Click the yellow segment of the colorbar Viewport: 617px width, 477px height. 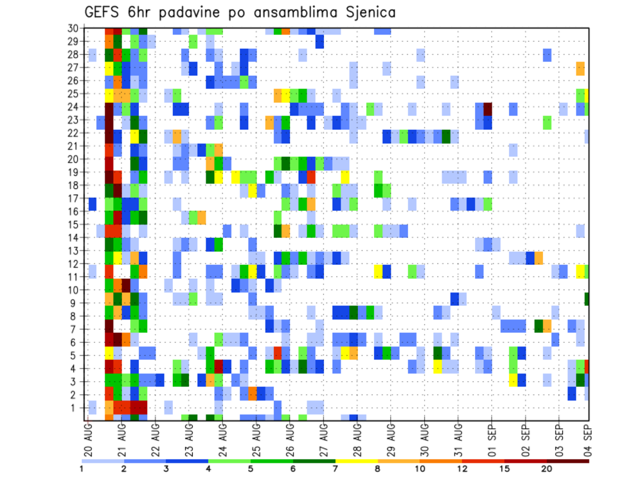point(357,460)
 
